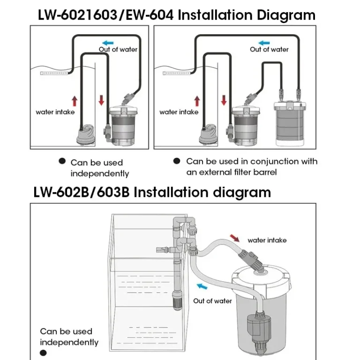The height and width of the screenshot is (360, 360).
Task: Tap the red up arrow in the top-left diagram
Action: pos(74,100)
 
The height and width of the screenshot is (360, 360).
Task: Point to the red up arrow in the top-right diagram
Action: pos(197,100)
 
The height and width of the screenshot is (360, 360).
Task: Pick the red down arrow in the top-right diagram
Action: pos(224,100)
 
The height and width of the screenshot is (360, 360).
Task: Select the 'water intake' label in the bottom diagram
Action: pos(267,240)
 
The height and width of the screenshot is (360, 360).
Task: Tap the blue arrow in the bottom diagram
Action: pos(202,286)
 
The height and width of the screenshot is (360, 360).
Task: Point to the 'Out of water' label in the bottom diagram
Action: pos(213,301)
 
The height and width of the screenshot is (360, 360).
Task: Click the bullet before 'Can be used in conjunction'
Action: pos(177,161)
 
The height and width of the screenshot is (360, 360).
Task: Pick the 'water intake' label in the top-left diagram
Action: pos(55,112)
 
